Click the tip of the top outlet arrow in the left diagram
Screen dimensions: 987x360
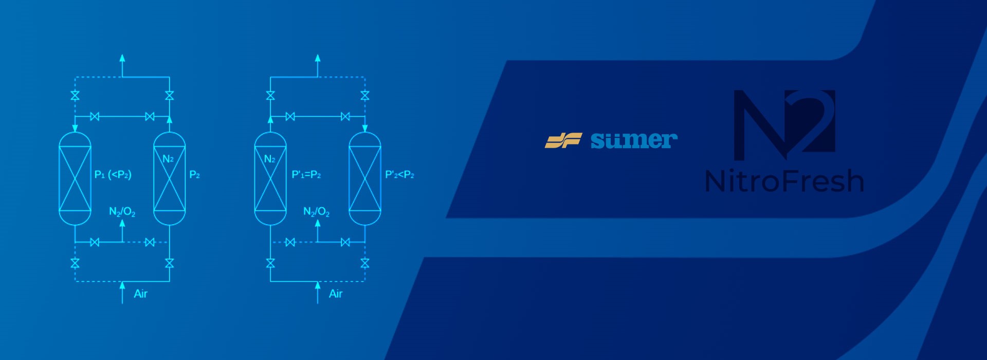click(122, 54)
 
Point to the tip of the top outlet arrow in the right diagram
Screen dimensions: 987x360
click(318, 54)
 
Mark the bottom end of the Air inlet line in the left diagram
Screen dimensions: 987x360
click(122, 303)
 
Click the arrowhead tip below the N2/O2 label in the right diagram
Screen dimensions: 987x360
click(318, 220)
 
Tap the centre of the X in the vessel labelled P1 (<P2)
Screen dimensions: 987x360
click(75, 178)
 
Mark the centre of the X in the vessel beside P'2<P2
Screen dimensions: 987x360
click(365, 178)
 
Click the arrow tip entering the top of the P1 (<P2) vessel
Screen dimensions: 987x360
click(75, 132)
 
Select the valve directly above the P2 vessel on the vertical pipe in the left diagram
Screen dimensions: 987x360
click(169, 96)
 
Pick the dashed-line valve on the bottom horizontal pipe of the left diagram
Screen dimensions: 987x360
click(150, 242)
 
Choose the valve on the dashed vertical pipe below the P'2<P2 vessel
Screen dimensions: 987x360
click(365, 263)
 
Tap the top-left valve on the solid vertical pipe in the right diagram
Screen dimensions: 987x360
click(270, 96)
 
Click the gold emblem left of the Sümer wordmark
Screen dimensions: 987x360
click(563, 140)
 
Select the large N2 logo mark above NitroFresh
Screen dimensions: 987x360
click(784, 125)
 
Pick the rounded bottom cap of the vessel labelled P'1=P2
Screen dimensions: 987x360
click(270, 218)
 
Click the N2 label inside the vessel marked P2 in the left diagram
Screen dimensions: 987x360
click(168, 159)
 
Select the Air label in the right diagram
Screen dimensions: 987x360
click(336, 294)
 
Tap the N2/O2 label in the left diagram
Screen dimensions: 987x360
click(122, 212)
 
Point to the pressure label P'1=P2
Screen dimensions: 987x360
click(306, 175)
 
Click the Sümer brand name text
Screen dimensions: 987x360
click(634, 140)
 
